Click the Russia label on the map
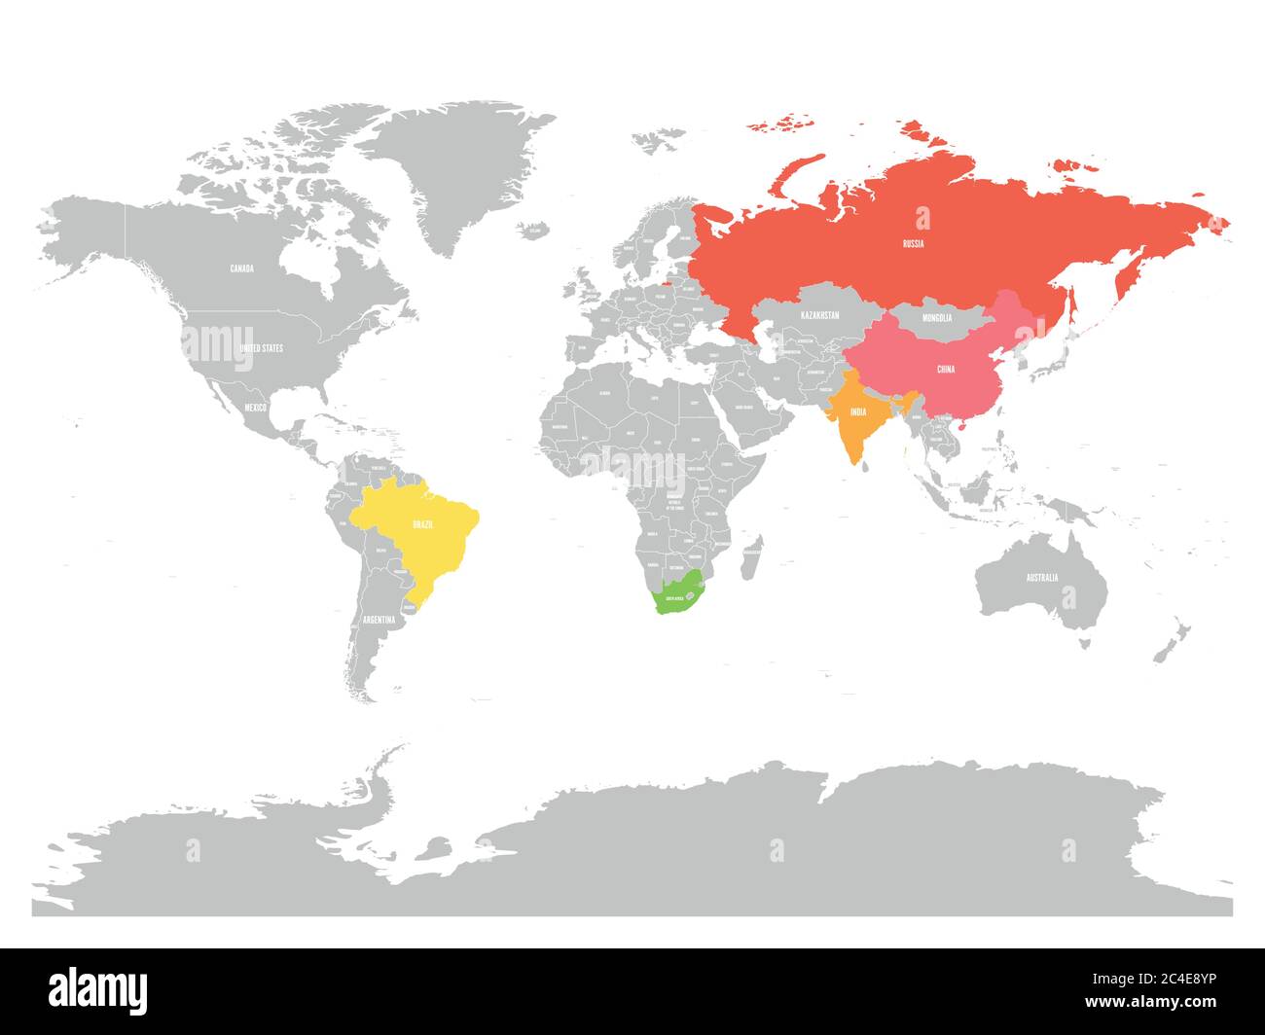pyautogui.click(x=913, y=244)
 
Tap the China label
pyautogui.click(x=945, y=370)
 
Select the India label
pyautogui.click(x=857, y=412)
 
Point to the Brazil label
pyautogui.click(x=422, y=524)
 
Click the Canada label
pyautogui.click(x=241, y=268)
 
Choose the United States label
pyautogui.click(x=261, y=347)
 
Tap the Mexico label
pyautogui.click(x=255, y=407)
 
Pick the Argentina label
pyautogui.click(x=379, y=620)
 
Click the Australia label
pyautogui.click(x=1040, y=578)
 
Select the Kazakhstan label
pyautogui.click(x=819, y=316)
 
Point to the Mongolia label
pyautogui.click(x=936, y=317)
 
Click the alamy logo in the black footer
pyautogui.click(x=98, y=989)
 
